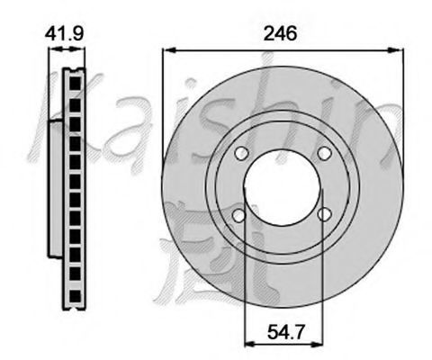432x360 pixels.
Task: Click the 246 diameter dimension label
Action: [x=280, y=33]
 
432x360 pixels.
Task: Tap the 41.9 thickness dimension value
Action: [x=64, y=33]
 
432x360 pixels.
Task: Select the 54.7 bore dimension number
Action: [x=285, y=331]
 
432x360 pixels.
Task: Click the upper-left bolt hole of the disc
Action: [x=241, y=153]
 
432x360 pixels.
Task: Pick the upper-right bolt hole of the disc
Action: [x=324, y=153]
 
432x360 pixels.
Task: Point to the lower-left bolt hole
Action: [x=239, y=215]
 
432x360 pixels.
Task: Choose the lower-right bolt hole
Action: [x=325, y=214]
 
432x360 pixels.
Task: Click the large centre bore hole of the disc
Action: [x=282, y=188]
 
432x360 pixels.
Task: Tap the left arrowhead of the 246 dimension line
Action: [x=168, y=50]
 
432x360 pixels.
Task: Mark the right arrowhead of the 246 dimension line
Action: [x=397, y=50]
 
